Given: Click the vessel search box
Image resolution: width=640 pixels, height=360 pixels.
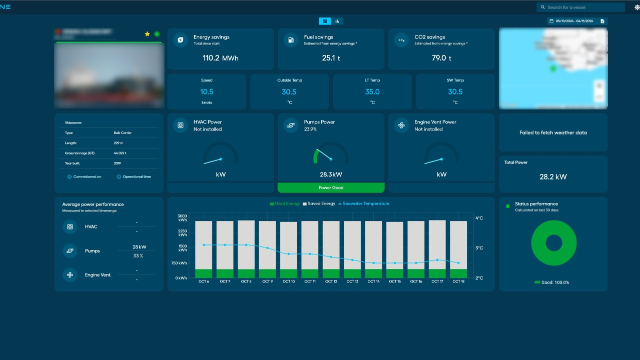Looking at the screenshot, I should pos(583,7).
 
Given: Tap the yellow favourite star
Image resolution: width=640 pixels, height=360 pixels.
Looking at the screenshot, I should pos(147,34).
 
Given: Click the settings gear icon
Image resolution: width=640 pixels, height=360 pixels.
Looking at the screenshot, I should pos(636,7).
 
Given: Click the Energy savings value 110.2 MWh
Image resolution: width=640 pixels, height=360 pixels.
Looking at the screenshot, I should pos(220,58).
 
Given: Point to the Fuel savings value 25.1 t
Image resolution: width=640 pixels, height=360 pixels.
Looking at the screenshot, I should pos(331,58).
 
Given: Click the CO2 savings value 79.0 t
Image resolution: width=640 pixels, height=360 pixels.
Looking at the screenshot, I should pos(441,58).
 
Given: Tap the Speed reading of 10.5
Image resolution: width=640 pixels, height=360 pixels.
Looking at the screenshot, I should pos(207,92).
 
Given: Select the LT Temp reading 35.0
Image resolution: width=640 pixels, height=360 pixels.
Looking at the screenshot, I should pos(372,92).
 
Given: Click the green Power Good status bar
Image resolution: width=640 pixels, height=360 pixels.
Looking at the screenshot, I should pos(331,188).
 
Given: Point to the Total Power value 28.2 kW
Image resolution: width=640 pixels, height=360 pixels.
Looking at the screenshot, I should pos(553,177).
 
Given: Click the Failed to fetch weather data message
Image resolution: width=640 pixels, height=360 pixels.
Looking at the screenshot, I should pos(553,133).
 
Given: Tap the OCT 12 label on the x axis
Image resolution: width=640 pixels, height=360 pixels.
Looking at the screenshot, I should pos(331,282).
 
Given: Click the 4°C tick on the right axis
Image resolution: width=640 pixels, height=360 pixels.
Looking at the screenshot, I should pos(479,218).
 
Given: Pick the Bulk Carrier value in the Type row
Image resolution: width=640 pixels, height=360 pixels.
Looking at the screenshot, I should pos(123,133).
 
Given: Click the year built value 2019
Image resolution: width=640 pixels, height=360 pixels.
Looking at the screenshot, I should pos(117,163).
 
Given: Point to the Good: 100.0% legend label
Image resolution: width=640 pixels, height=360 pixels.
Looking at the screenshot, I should pos(555,282).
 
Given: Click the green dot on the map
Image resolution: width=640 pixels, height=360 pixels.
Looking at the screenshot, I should pos(553,68).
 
